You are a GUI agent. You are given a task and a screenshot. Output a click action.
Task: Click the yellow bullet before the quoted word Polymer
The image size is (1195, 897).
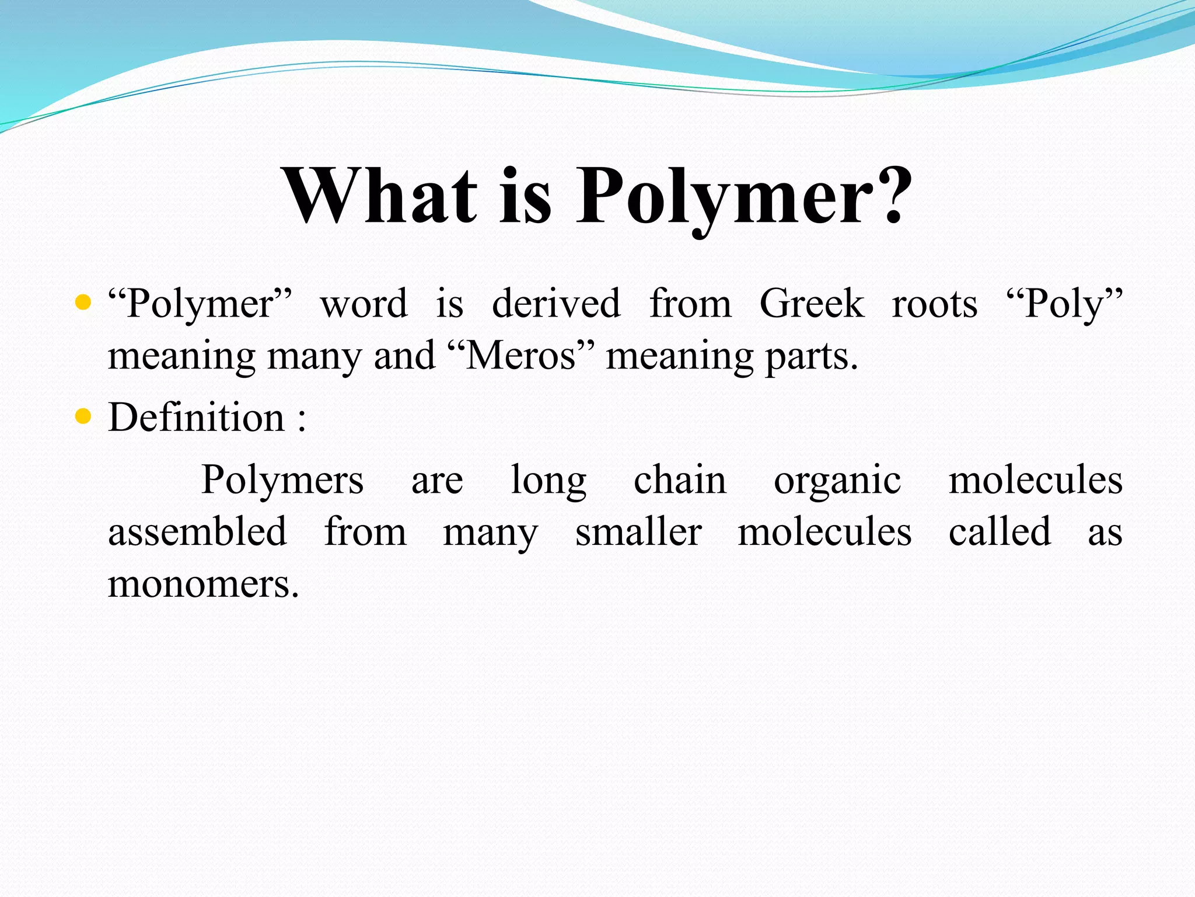tap(83, 303)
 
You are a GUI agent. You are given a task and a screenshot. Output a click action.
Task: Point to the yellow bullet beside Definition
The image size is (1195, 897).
tap(83, 416)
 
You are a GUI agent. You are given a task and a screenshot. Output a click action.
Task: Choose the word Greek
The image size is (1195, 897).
tap(811, 304)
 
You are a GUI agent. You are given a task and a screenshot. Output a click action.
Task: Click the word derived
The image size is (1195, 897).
tap(556, 304)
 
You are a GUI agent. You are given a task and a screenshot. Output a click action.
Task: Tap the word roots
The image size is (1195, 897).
tap(934, 305)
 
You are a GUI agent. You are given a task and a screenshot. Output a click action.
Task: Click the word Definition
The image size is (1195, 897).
tap(196, 418)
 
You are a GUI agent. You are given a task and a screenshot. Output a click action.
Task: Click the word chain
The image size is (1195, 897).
tap(680, 480)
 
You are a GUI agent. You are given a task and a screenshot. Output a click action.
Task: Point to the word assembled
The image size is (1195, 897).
tap(197, 531)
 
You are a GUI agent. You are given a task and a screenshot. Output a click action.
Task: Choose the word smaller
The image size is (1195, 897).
tap(638, 531)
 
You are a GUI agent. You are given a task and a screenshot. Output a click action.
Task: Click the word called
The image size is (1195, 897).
tap(1000, 531)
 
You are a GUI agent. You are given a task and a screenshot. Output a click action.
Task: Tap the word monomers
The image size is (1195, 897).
tap(203, 584)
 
